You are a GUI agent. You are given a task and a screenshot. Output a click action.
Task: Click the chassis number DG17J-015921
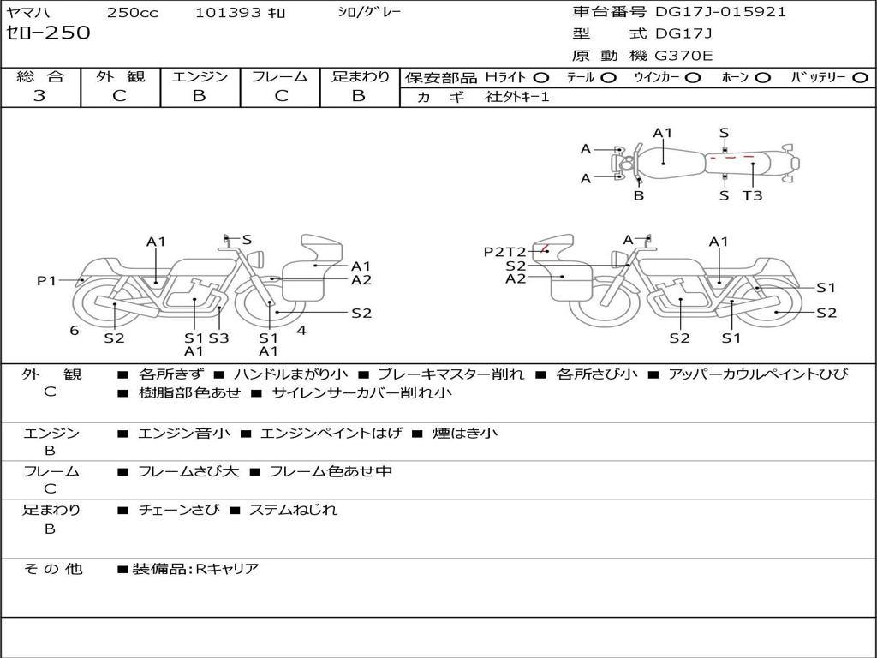coord(720,12)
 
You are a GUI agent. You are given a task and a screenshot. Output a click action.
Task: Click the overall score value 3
coord(39,96)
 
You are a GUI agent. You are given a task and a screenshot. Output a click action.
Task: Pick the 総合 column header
coord(40,76)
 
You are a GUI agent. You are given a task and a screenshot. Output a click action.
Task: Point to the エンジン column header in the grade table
coord(200,76)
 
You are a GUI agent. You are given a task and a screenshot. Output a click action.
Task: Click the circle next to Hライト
coord(541,77)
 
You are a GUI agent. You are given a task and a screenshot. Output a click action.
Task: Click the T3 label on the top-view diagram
coord(752,195)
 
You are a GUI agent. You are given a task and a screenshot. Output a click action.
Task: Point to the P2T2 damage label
coord(504,252)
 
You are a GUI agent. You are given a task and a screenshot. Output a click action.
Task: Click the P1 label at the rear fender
coord(46,280)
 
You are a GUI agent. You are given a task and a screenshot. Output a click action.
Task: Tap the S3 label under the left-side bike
coord(219,338)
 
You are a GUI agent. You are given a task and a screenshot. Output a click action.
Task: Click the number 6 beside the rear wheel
coord(75,331)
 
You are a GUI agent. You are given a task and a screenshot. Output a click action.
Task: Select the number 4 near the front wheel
coord(301,331)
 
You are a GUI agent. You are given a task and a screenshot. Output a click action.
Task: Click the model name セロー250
coord(48,33)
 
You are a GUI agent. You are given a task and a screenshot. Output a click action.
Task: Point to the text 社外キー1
coord(517,97)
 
